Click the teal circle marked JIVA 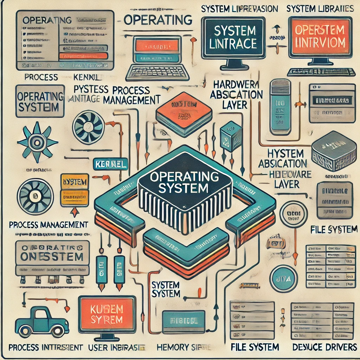[283, 278]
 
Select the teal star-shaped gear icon [37, 142]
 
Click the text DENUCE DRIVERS [324, 347]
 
